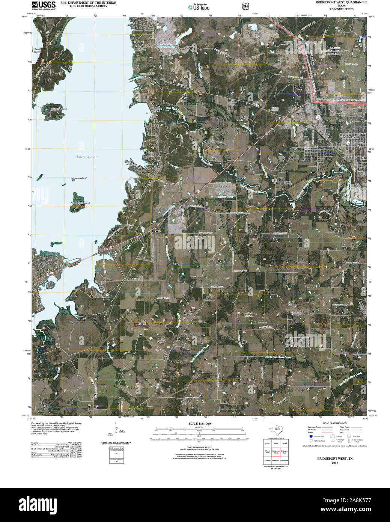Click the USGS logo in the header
(44, 5)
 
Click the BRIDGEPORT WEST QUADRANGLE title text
(341, 2)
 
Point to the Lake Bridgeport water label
(87, 157)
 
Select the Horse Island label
(80, 178)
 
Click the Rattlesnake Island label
(80, 203)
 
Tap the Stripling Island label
(58, 109)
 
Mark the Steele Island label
(37, 50)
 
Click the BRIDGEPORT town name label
(351, 138)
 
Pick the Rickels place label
(155, 231)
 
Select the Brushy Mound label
(249, 314)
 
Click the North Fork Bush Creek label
(278, 357)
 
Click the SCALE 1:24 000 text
(200, 424)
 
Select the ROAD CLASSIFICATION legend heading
(336, 423)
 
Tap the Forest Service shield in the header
(245, 6)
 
